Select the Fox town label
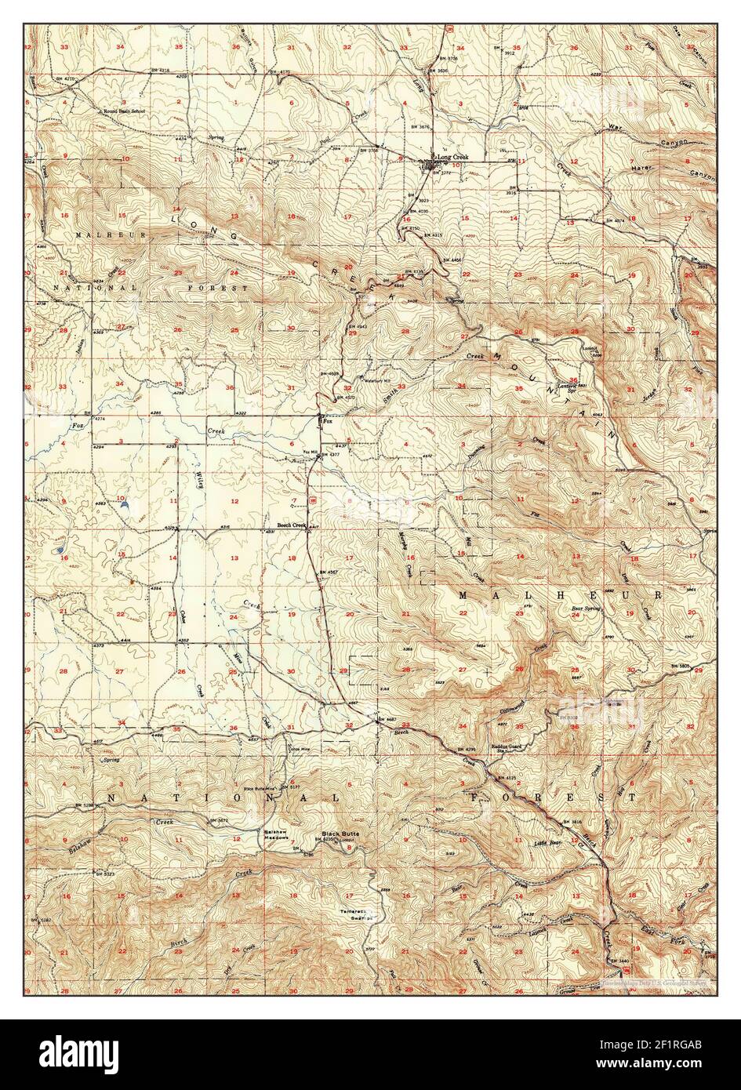tap(329, 421)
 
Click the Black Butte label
tap(340, 833)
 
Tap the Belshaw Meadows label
tap(276, 835)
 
